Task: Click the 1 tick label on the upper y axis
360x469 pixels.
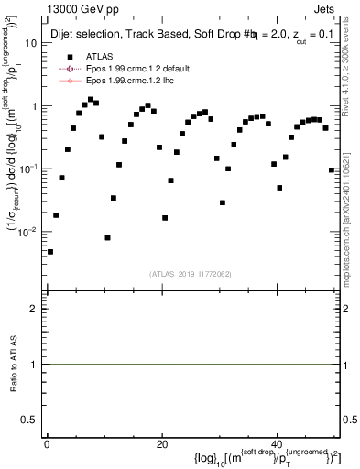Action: [34, 106]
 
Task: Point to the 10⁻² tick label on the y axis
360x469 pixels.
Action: [29, 232]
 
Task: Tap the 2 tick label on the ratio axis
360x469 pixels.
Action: [33, 309]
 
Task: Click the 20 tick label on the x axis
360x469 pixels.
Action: [161, 443]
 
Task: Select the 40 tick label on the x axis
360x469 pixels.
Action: [277, 443]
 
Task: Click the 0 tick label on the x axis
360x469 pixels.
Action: [47, 443]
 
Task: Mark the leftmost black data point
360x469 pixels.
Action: [50, 252]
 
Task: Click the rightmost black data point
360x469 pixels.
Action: [331, 170]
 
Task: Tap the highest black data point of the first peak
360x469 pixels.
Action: [90, 99]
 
